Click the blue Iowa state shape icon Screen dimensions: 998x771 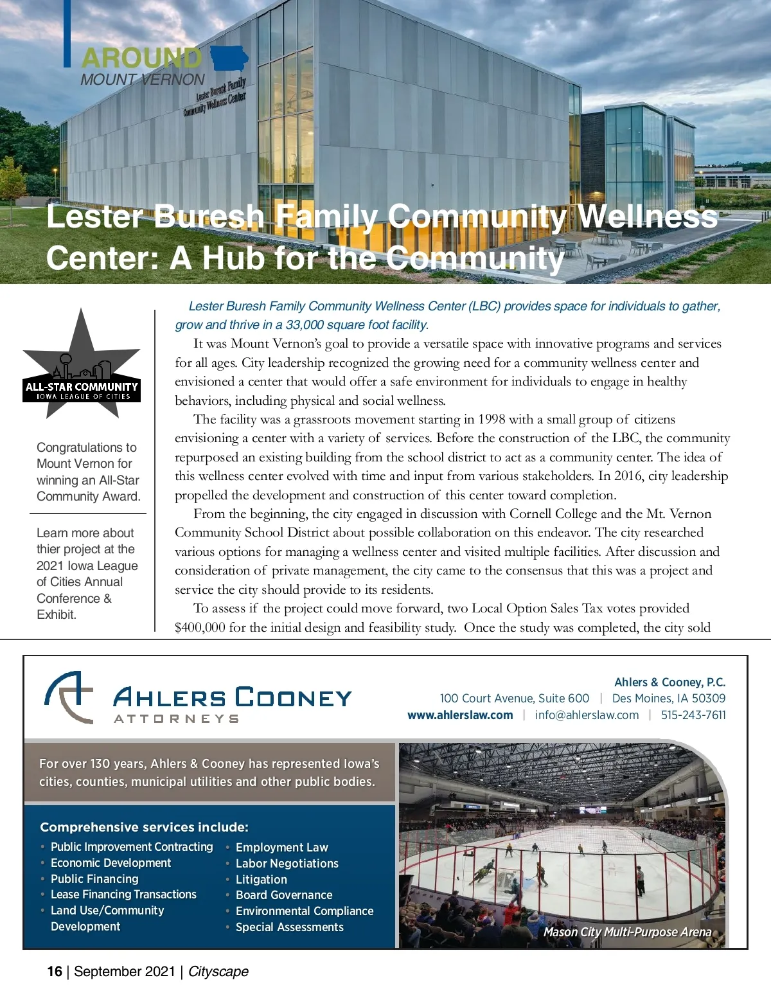(229, 58)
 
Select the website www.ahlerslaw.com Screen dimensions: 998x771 (460, 715)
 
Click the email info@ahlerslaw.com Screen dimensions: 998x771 (587, 715)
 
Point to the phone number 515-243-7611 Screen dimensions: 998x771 (693, 715)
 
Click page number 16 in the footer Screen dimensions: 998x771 (55, 971)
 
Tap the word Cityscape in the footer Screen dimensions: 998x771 (218, 971)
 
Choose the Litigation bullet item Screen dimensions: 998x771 (261, 879)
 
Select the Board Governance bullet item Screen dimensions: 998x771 (284, 895)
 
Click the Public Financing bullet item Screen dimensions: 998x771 (94, 878)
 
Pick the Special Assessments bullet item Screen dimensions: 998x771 (289, 927)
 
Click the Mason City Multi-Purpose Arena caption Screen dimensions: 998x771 (627, 932)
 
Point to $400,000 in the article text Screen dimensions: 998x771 (200, 627)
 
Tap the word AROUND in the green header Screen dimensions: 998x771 (141, 58)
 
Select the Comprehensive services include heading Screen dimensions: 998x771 (144, 827)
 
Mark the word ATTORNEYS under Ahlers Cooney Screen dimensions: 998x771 (176, 718)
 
